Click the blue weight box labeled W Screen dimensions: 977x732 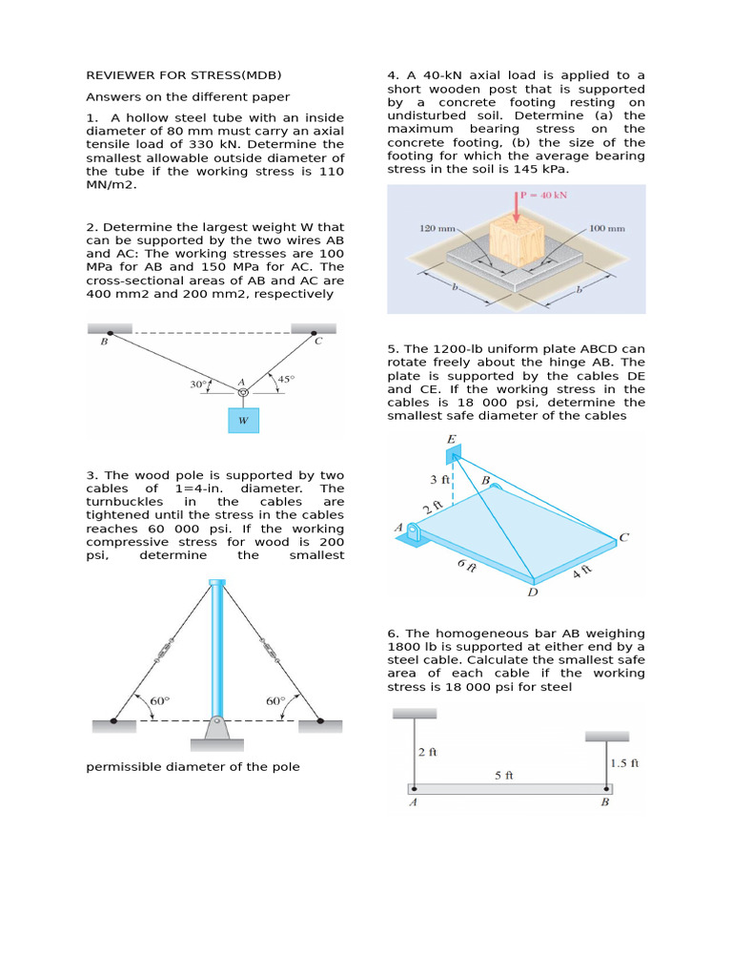[x=243, y=420]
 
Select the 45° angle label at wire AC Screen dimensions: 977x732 [x=285, y=379]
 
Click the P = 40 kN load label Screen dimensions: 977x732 [x=548, y=197]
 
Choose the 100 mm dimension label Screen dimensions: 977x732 [x=607, y=229]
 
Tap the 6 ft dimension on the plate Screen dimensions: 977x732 [x=466, y=566]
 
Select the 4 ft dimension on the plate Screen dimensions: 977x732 [x=582, y=574]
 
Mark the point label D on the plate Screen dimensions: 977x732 [x=532, y=592]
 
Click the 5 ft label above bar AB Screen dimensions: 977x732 [x=504, y=775]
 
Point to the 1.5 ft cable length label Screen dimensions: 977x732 [x=623, y=762]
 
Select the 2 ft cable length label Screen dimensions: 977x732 [x=427, y=751]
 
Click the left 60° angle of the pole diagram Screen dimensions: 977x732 [x=159, y=701]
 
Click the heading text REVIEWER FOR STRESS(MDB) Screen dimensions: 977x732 [x=184, y=74]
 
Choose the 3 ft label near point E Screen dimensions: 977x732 [x=438, y=479]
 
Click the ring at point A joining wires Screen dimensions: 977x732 [x=243, y=392]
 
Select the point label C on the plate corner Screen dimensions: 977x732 [x=623, y=537]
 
